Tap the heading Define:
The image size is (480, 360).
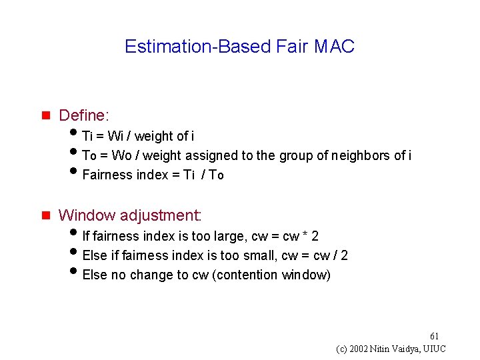pyautogui.click(x=83, y=115)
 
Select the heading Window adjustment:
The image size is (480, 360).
pyautogui.click(x=130, y=215)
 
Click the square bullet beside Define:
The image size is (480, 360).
pyautogui.click(x=46, y=116)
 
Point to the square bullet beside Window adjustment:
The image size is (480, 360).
pyautogui.click(x=46, y=216)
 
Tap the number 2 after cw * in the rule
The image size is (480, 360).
pyautogui.click(x=315, y=236)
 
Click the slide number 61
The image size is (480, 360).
pyautogui.click(x=435, y=335)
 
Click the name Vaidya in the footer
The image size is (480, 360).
pyautogui.click(x=403, y=349)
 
